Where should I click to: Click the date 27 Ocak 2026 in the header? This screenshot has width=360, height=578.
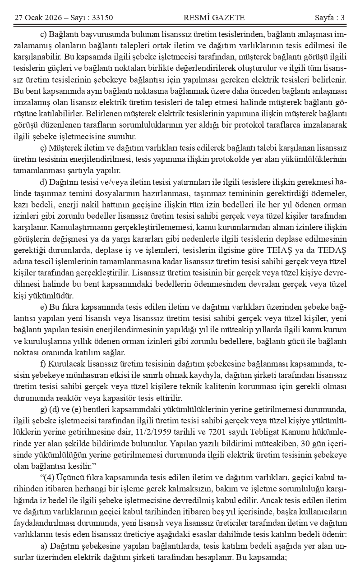[x=38, y=18]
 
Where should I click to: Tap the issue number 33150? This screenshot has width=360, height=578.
[x=102, y=18]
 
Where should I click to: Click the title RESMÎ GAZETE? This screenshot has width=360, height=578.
[x=214, y=18]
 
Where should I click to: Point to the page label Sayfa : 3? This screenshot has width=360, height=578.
[x=329, y=18]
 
